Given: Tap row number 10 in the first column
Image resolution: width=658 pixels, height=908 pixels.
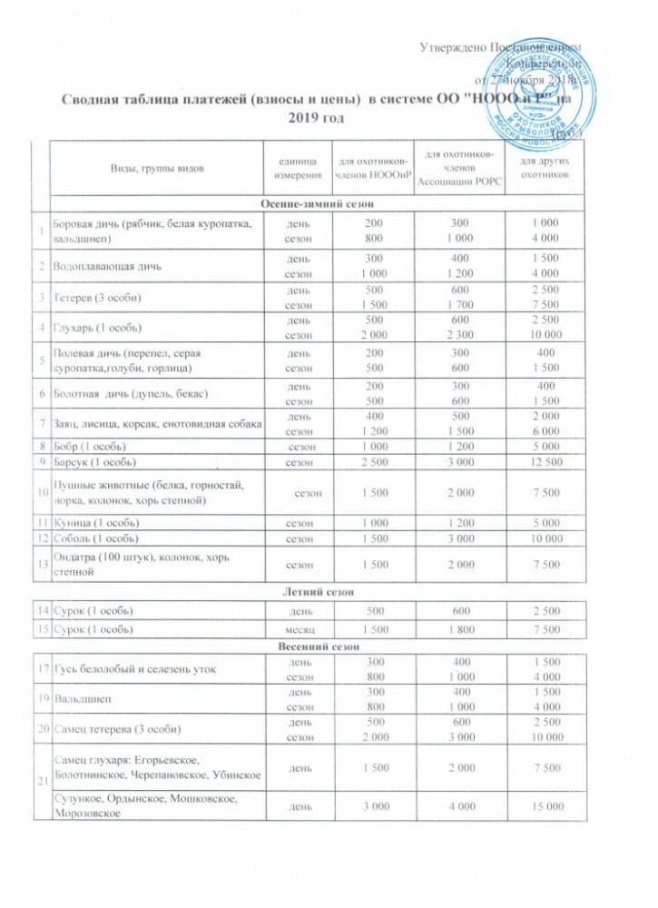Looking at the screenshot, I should [42, 491].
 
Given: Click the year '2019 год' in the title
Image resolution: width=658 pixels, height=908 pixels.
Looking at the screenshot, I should [317, 117].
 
